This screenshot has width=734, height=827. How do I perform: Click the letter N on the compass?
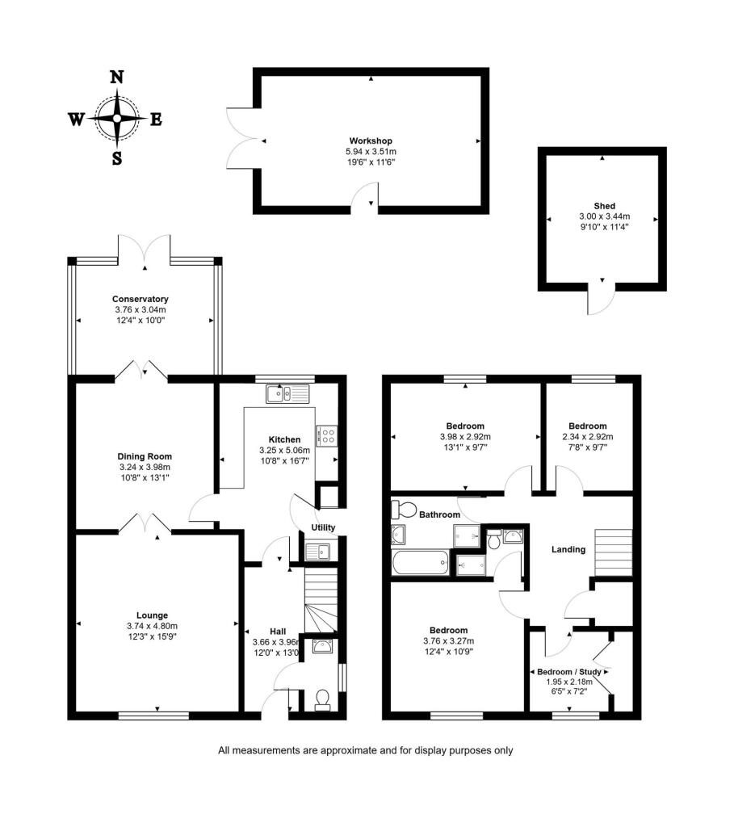point(116,77)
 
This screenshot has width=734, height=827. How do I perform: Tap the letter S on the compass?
point(117,158)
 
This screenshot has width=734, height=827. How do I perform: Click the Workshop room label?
point(371,141)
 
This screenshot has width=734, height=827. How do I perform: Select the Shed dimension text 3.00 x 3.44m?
point(604,216)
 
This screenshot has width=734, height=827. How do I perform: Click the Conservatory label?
point(141,299)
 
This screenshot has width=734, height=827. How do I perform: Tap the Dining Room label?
point(145,456)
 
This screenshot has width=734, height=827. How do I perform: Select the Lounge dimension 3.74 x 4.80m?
point(152,626)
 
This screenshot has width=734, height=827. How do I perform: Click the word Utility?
point(323,527)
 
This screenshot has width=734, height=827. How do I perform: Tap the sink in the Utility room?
point(318,552)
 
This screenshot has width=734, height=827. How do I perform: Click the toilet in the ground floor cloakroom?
point(322,699)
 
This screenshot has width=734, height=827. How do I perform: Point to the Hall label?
point(278,632)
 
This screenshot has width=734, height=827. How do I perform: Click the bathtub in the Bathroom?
point(420,563)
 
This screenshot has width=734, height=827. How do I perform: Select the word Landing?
point(568,549)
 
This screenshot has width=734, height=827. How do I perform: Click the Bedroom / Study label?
point(569,672)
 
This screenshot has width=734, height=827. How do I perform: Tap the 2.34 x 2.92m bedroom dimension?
point(587,437)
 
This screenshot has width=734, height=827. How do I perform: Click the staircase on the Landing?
point(613,552)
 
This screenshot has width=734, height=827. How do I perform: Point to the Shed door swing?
point(602,302)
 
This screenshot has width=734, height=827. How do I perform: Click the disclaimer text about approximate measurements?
point(366,750)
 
